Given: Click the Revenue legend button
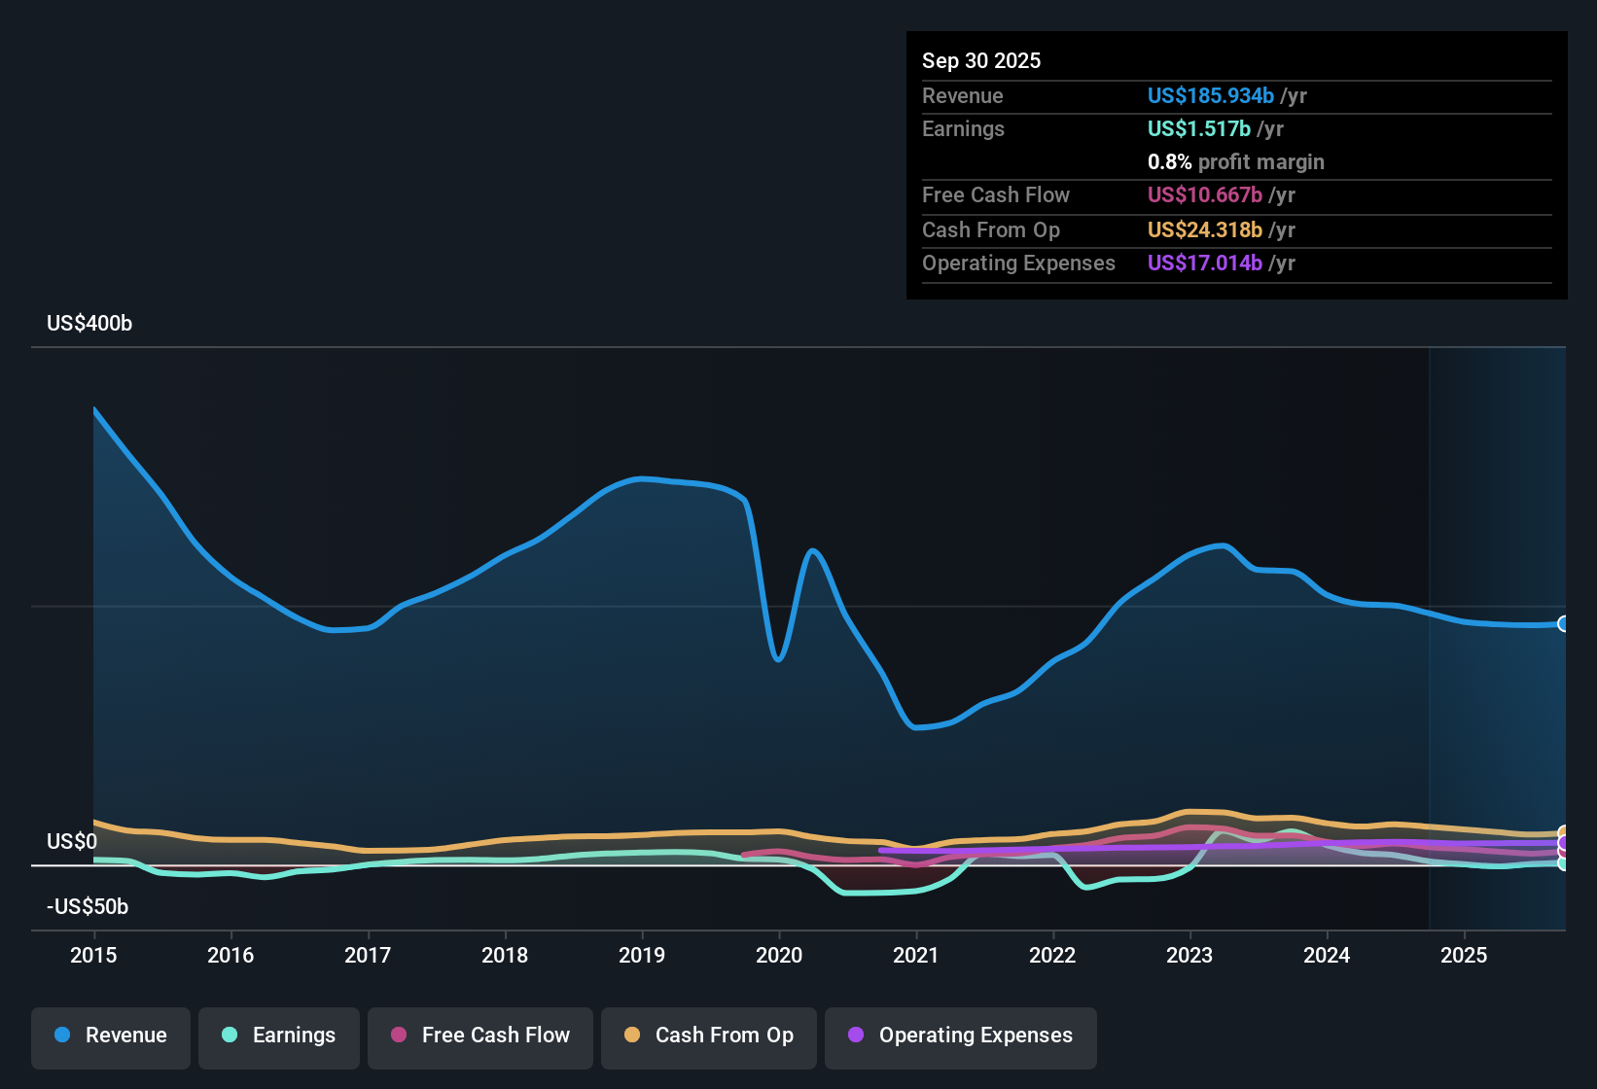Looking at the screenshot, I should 111,1036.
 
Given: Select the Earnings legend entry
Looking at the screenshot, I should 279,1036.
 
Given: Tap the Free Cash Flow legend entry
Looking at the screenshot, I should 480,1036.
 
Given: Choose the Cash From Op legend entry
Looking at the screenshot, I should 709,1036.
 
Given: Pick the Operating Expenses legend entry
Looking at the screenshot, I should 961,1036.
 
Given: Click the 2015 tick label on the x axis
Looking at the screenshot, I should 93,955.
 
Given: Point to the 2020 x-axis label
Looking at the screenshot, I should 779,955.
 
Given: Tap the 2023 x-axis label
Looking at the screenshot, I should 1189,955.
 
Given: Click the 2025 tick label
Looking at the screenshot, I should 1464,955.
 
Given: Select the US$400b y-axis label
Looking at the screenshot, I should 89,324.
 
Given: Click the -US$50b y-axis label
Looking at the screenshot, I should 88,907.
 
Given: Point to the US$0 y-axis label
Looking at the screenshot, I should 72,842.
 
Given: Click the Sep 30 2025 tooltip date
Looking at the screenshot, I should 981,60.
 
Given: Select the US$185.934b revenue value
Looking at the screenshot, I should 1211,95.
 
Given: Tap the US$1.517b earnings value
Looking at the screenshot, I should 1199,128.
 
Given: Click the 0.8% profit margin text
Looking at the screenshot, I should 1235,162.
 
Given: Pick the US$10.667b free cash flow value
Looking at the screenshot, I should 1205,194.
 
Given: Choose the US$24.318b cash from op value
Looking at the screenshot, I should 1205,229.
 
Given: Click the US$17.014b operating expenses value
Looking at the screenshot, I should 1205,263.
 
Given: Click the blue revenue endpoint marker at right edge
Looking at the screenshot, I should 1563,624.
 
